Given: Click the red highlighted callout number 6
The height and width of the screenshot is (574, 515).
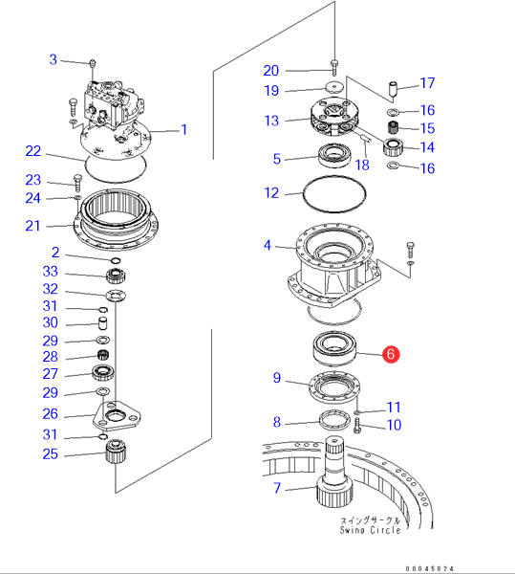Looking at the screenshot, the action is [x=391, y=354].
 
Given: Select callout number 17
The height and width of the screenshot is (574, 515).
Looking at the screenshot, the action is [x=427, y=83].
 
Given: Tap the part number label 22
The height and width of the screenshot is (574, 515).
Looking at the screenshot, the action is [x=32, y=151].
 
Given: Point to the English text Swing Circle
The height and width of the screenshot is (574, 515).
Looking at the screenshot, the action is [x=370, y=530].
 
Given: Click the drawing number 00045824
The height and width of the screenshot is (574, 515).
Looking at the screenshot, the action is [x=430, y=568].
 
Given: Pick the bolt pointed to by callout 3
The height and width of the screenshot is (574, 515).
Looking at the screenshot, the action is [x=93, y=63].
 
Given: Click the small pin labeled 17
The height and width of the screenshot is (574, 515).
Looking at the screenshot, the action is [x=393, y=89].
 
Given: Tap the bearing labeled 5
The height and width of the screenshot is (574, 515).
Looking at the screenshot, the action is [x=334, y=156].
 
